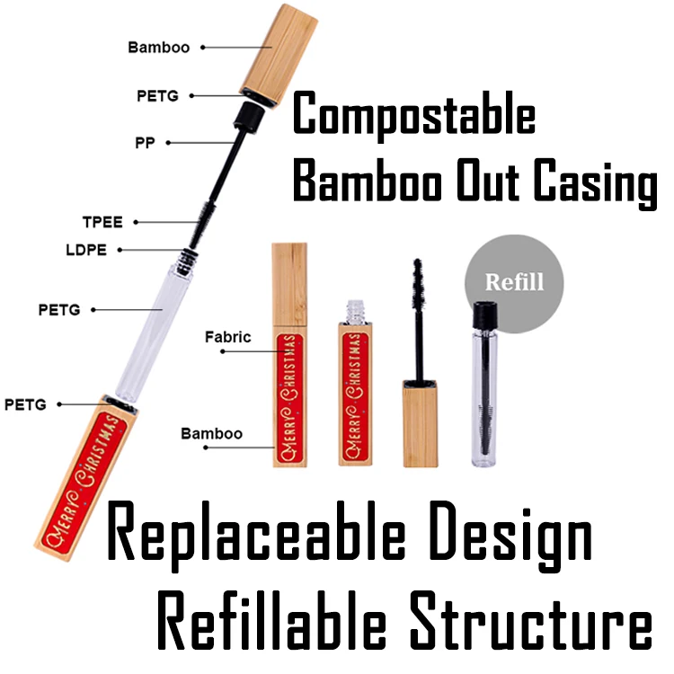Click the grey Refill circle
coord(515,281)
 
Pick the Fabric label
coord(226,338)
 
